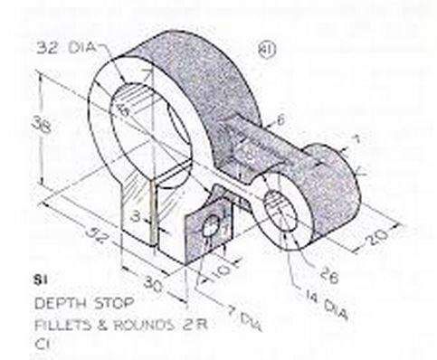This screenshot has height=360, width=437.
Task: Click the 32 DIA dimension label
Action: (x=67, y=43)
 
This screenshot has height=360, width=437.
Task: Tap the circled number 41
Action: (x=265, y=46)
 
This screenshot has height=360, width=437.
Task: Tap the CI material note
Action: (x=42, y=343)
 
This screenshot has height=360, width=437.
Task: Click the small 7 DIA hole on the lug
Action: (x=214, y=232)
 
